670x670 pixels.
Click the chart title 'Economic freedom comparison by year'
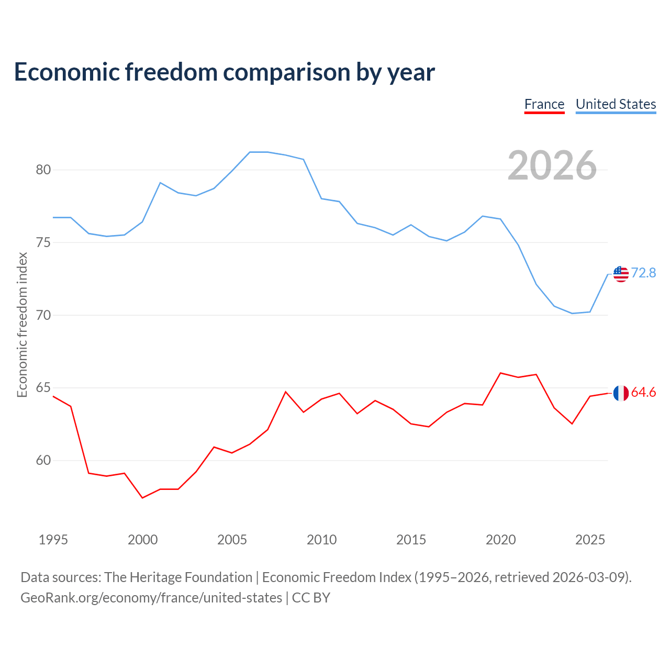point(224,72)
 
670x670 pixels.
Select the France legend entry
point(544,105)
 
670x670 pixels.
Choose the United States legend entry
point(616,105)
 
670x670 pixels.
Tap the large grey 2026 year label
point(552,165)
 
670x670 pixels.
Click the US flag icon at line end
point(621,274)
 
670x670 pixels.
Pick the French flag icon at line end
point(621,393)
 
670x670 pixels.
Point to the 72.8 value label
point(644,273)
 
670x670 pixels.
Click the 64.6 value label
point(644,392)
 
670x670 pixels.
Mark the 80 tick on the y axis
point(43,170)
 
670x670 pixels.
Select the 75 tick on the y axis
point(43,242)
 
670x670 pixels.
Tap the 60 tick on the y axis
point(43,460)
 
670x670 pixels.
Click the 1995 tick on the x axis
point(53,540)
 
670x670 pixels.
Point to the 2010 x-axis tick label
point(321,540)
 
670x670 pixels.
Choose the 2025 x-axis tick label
point(590,540)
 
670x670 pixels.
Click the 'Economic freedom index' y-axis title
point(23,325)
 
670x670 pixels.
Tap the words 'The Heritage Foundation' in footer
point(178,577)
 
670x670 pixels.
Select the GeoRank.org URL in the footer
point(151,598)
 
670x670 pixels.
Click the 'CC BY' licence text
point(311,598)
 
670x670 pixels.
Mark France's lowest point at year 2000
point(142,498)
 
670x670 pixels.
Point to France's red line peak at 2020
point(500,373)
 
